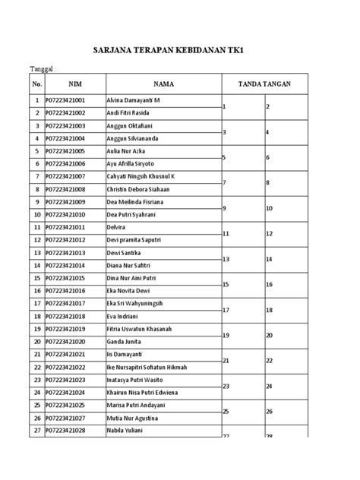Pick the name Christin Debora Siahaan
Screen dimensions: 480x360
pos(148,189)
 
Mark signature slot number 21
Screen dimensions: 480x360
pos(225,361)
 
